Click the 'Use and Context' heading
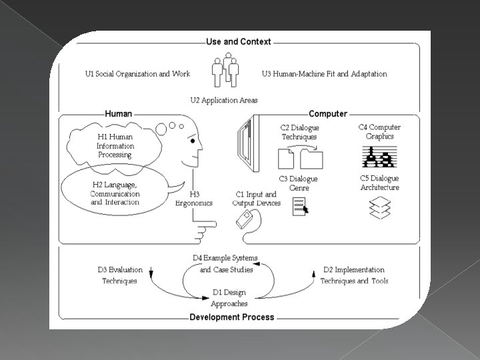click(x=239, y=41)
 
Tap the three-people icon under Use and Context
click(x=225, y=71)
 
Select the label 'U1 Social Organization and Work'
click(x=137, y=74)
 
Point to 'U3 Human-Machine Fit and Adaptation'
click(x=324, y=74)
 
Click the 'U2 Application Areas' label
click(x=224, y=101)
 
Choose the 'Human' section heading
click(x=118, y=114)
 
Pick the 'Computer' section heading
click(x=328, y=114)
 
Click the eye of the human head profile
click(x=192, y=141)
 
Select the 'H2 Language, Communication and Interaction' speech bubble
click(x=114, y=193)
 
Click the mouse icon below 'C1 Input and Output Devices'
click(x=245, y=219)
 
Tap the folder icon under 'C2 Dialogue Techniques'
click(x=311, y=160)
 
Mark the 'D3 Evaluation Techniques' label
click(x=120, y=275)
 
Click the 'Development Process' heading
click(x=231, y=317)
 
